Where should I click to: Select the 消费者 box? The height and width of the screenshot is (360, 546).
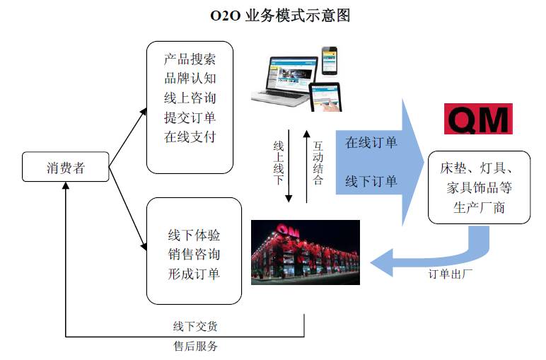[65, 168]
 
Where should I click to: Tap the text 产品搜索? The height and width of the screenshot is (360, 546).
[190, 59]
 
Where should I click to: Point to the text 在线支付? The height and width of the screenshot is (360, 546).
[190, 137]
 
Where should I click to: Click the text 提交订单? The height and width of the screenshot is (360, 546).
[190, 117]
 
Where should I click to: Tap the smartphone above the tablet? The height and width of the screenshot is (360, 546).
[330, 62]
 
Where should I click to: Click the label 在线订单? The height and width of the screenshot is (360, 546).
[371, 143]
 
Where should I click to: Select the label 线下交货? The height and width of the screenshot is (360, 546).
[196, 326]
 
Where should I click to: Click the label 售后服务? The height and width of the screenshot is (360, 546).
[196, 347]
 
